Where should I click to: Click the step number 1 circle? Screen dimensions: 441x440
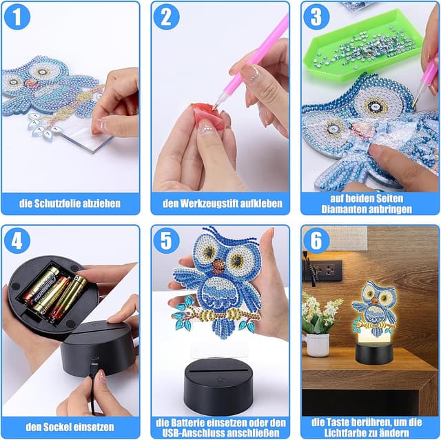tap(17, 17)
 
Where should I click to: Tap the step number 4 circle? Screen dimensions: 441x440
tap(17, 241)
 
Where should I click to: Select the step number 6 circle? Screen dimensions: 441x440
tap(316, 241)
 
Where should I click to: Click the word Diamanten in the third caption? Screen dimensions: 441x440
tap(343, 209)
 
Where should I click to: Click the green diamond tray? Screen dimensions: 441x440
tap(363, 45)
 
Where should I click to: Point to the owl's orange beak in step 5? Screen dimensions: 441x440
tap(218, 266)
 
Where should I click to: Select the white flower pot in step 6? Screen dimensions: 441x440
tap(317, 345)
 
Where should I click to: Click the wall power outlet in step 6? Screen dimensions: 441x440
tap(326, 270)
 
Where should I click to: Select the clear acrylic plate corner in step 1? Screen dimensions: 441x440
tap(93, 152)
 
